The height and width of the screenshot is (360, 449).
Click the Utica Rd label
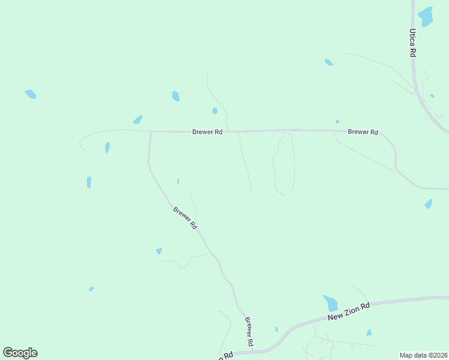413,43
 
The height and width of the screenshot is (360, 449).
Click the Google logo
20,353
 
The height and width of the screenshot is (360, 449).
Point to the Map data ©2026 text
423,355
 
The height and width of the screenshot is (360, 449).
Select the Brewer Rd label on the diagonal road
185,218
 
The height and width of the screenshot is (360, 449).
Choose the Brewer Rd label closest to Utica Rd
363,131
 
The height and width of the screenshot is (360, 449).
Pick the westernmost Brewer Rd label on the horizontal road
207,131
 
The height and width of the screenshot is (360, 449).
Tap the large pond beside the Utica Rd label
426,16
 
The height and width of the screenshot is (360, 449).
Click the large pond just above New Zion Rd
330,303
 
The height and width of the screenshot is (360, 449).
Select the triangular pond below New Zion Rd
369,332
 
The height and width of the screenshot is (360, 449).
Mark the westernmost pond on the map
31,94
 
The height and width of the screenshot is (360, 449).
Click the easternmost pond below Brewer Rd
428,204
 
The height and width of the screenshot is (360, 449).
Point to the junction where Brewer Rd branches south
151,131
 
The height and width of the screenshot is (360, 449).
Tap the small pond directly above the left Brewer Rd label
214,110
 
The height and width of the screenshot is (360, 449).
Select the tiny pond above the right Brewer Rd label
337,121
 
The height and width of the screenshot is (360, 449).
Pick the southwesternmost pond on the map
91,289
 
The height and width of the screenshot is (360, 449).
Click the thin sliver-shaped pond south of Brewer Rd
178,181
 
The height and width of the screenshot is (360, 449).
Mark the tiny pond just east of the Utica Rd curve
432,95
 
